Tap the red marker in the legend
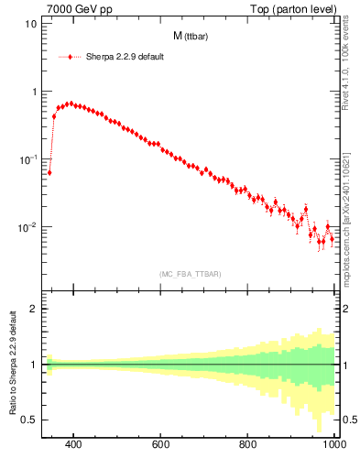70,57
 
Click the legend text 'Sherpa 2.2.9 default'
124,57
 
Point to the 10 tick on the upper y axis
31,24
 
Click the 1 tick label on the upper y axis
33,92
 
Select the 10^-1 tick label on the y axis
27,159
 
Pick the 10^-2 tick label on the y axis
27,227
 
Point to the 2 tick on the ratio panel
33,309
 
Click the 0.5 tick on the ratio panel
29,420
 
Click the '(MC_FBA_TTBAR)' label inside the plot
189,274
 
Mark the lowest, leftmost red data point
49,172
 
